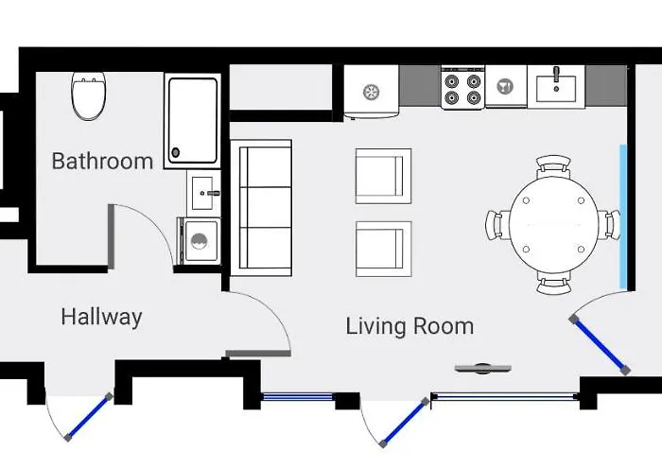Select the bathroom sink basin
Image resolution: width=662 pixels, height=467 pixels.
click(201, 193)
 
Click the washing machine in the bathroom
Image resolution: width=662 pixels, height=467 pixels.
click(200, 241)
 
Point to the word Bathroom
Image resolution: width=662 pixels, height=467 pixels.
click(102, 161)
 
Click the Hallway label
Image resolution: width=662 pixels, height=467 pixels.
click(101, 317)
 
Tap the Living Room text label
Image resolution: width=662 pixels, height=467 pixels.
click(409, 327)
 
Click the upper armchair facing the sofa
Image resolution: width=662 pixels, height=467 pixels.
click(383, 176)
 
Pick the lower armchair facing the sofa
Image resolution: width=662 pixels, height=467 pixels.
click(383, 249)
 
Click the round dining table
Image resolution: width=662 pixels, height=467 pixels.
click(554, 225)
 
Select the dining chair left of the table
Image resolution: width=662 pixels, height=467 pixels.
click(496, 225)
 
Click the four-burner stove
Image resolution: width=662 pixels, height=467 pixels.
click(462, 88)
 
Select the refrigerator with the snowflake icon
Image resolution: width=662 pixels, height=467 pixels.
click(372, 92)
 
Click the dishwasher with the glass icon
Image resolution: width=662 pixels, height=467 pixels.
click(506, 87)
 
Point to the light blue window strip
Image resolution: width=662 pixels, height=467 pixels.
click(622, 216)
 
